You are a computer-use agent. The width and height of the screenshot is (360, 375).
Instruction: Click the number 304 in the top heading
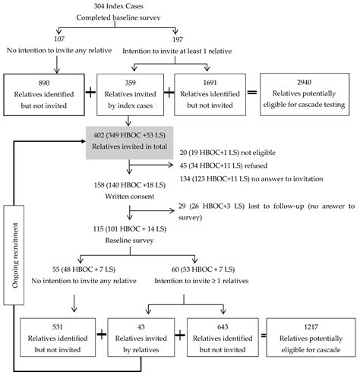click(99, 6)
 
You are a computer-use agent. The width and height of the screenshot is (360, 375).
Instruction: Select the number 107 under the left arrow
click(59, 39)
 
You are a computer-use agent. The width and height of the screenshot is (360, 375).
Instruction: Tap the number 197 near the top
click(178, 39)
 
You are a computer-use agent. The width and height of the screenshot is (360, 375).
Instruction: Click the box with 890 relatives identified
click(44, 95)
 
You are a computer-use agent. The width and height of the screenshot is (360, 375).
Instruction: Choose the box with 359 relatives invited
click(130, 95)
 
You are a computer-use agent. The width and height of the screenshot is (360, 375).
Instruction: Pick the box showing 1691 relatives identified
click(210, 95)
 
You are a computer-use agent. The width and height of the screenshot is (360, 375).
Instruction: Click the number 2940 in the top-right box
click(305, 82)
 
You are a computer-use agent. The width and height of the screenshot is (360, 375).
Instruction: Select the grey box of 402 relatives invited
click(129, 143)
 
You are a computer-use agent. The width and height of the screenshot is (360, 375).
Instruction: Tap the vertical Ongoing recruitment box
click(14, 255)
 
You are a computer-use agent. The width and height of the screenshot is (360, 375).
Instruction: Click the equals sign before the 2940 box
click(252, 93)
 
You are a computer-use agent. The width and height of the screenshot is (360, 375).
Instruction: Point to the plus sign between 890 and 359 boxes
click(90, 92)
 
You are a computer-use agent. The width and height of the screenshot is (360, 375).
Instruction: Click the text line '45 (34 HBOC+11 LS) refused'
click(223, 165)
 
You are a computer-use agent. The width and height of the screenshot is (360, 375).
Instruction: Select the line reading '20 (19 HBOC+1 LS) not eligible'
click(228, 153)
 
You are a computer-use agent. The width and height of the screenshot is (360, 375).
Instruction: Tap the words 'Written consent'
click(130, 197)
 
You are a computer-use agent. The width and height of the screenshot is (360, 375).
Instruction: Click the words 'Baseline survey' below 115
click(129, 240)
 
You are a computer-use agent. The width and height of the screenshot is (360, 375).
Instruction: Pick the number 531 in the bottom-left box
click(58, 327)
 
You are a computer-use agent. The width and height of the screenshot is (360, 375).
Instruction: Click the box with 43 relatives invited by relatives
click(141, 338)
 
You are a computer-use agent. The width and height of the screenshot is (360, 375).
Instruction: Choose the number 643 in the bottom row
click(223, 327)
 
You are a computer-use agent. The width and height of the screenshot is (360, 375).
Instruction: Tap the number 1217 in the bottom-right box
click(311, 327)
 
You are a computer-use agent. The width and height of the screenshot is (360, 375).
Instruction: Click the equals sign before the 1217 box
click(264, 336)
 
